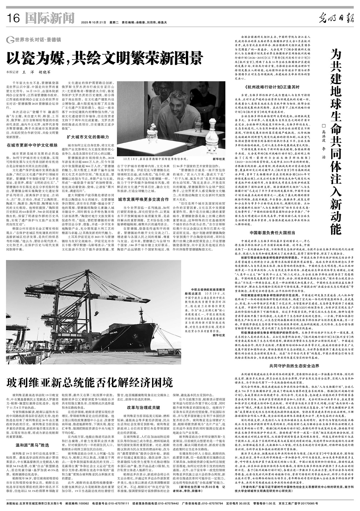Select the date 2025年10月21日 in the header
[x=93, y=22]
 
